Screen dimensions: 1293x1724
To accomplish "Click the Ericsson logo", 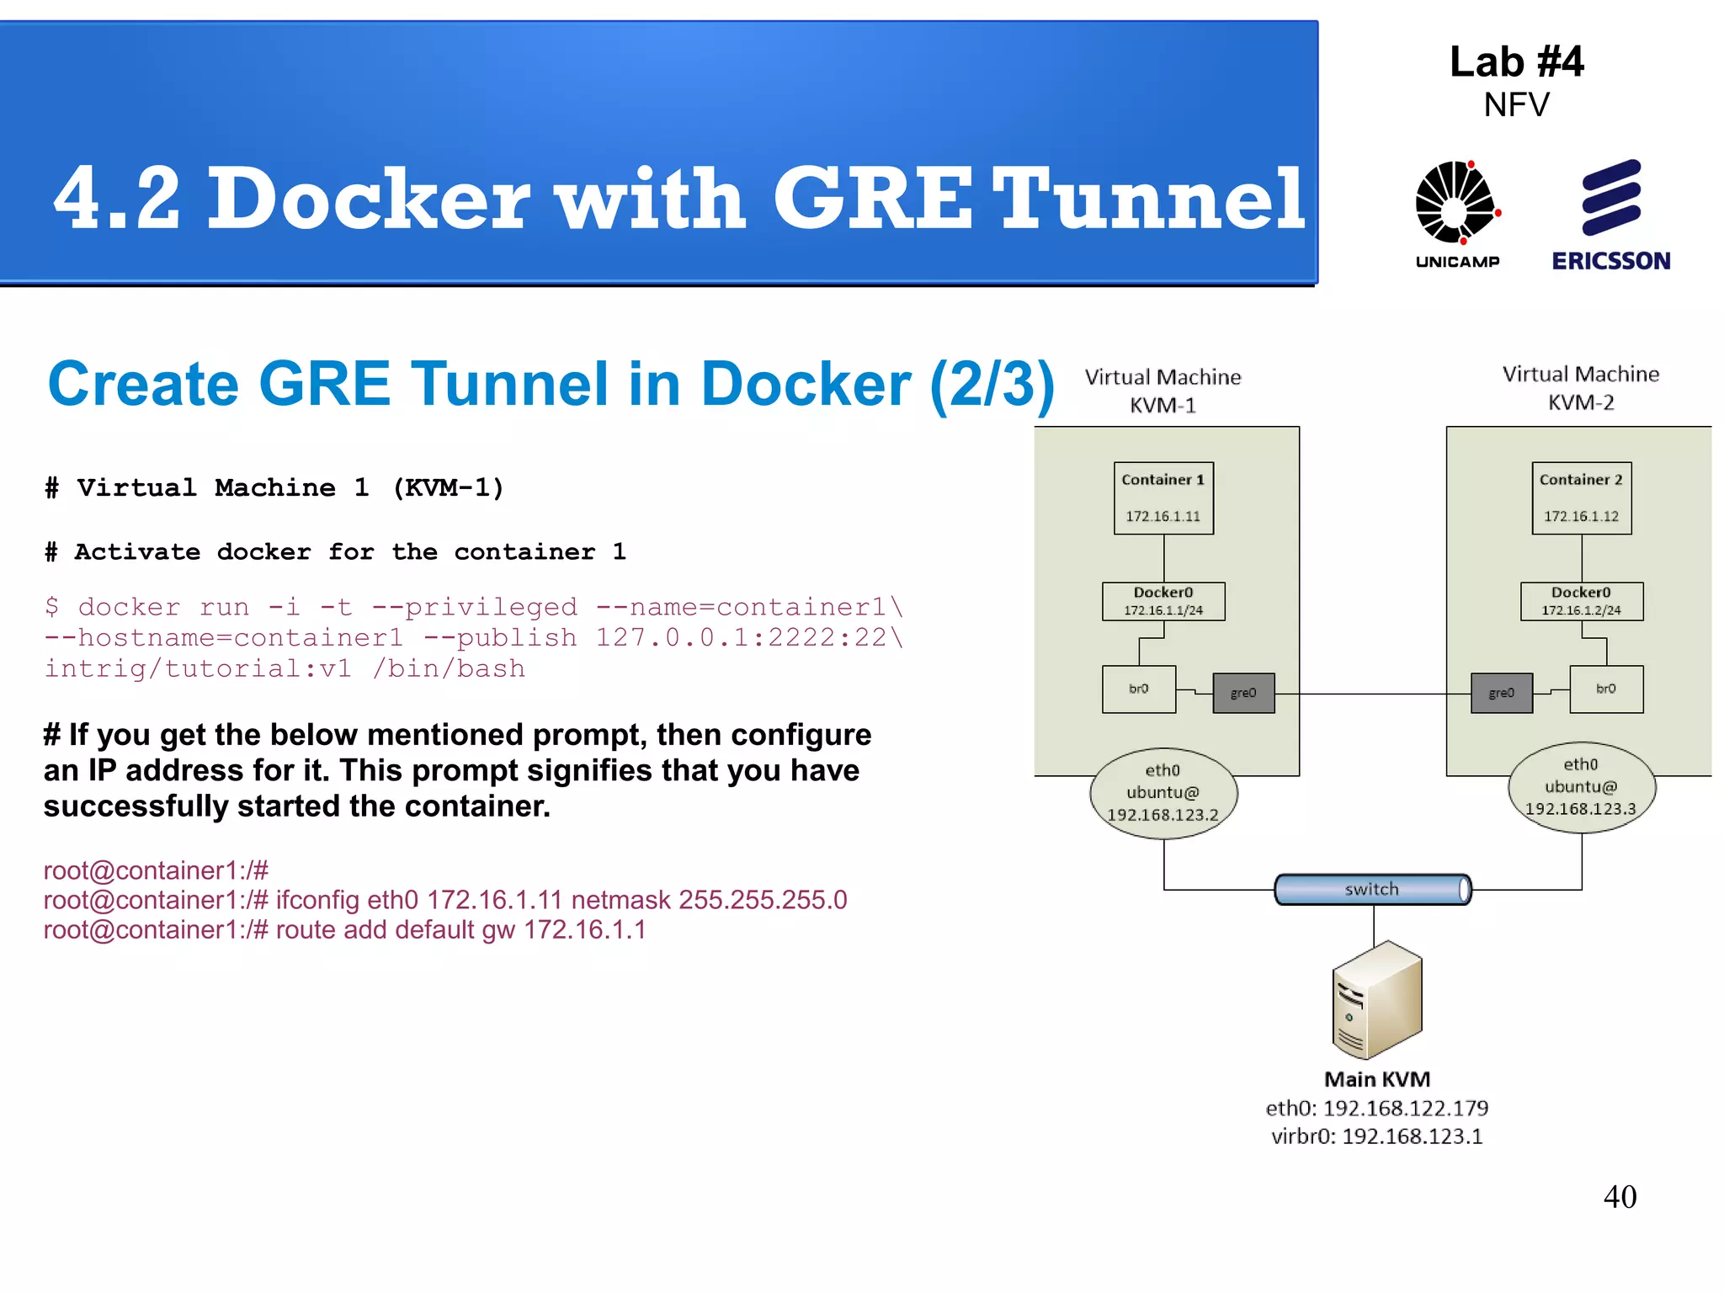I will click(x=1611, y=214).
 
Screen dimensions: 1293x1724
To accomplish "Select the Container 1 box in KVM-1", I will click(x=1163, y=498).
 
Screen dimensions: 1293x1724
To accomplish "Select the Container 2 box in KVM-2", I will click(x=1581, y=498).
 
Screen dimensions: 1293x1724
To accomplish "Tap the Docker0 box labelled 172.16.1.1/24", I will click(x=1163, y=601).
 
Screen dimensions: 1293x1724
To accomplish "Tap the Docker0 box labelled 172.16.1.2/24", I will click(x=1581, y=601).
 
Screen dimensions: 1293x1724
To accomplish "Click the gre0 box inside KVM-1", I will click(x=1243, y=693).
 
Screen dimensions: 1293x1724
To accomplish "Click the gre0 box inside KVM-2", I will click(x=1501, y=693).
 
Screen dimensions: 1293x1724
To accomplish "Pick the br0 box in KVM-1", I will click(x=1138, y=689).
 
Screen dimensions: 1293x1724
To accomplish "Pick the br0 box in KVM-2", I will click(x=1606, y=689).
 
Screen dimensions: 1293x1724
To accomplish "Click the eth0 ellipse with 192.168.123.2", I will click(x=1163, y=792).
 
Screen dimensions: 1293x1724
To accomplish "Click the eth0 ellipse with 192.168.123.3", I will click(x=1581, y=787).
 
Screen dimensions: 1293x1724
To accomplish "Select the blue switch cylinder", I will click(x=1372, y=889).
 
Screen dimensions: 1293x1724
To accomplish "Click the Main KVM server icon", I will click(x=1377, y=1001).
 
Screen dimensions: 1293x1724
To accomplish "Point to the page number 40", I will click(x=1620, y=1196).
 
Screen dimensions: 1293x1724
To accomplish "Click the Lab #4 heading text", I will click(x=1516, y=62).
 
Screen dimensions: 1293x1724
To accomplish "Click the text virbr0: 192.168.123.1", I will click(x=1377, y=1136).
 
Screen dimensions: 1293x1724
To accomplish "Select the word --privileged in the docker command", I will click(x=475, y=607).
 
